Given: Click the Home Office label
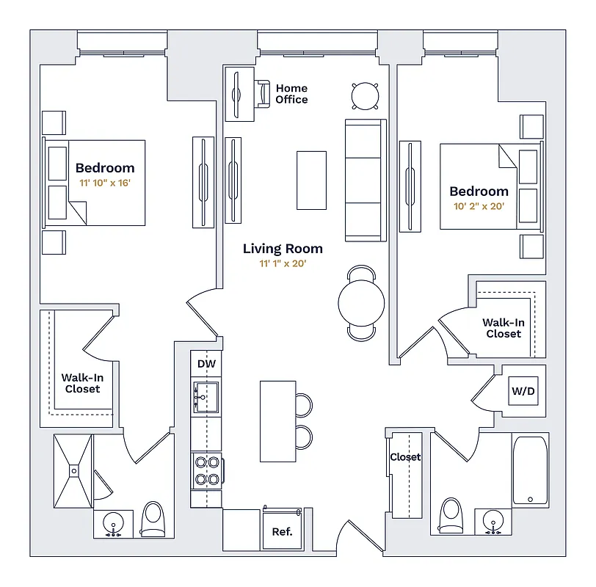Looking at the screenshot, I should tap(291, 94).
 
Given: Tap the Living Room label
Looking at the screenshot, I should tap(283, 249).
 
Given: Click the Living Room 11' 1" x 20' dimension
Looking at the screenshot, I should tap(283, 264).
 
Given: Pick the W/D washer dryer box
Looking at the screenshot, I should tap(523, 391).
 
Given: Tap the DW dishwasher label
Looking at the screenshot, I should tap(206, 364).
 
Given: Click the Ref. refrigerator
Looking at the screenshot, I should tap(282, 531).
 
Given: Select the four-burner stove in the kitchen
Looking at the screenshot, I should tap(206, 470).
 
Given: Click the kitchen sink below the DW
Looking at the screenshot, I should tap(206, 397).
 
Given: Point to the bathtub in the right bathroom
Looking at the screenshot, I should tap(530, 470).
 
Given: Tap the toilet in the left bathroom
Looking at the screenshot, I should tap(153, 519).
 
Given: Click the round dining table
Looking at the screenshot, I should tap(361, 302).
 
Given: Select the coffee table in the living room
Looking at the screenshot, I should tap(311, 180).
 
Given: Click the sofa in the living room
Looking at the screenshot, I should tap(365, 180).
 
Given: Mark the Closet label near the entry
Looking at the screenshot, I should tap(405, 456).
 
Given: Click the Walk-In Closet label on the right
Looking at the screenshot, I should tap(503, 328).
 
